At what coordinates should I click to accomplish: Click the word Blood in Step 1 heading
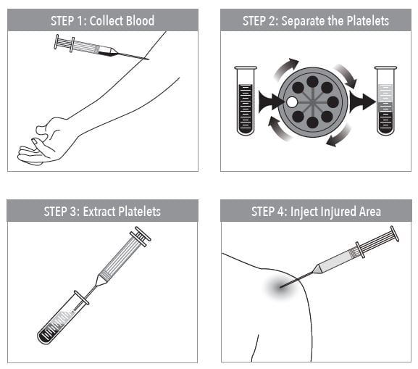[x=141, y=21]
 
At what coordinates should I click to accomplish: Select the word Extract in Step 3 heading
[x=99, y=212]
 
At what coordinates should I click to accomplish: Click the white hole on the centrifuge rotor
[x=292, y=102]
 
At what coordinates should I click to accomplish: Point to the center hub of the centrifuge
[x=313, y=102]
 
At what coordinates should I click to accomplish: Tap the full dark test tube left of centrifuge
[x=246, y=101]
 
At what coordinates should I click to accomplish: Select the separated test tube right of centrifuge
[x=385, y=101]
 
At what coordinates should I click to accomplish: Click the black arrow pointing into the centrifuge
[x=271, y=101]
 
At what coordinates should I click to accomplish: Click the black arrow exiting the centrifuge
[x=362, y=101]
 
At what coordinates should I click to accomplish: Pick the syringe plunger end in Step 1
[x=57, y=42]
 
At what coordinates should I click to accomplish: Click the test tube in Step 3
[x=63, y=318]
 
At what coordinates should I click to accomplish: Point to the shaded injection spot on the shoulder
[x=280, y=287]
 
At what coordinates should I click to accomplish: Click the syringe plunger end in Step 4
[x=395, y=233]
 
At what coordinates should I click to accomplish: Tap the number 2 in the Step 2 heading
[x=272, y=21]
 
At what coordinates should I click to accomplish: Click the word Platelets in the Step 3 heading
[x=139, y=212]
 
